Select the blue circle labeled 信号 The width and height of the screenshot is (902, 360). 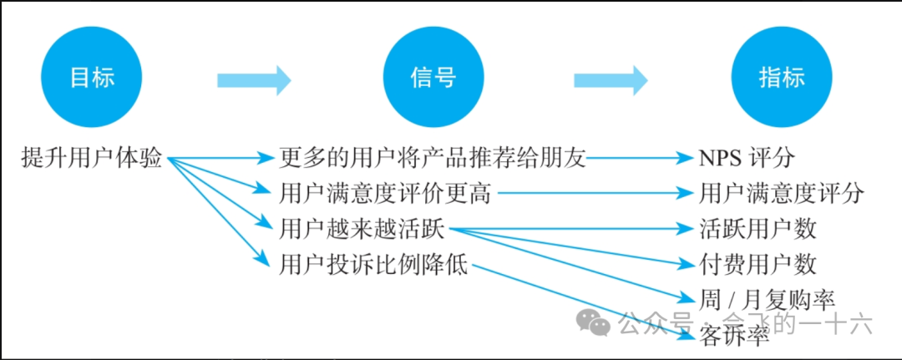(x=433, y=79)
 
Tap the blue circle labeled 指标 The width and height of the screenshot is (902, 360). (x=782, y=79)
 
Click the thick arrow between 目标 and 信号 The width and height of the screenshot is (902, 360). (x=254, y=80)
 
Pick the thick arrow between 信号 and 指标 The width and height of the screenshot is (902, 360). (x=611, y=80)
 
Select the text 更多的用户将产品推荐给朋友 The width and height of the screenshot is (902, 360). (x=433, y=157)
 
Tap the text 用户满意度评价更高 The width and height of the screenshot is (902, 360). (x=387, y=195)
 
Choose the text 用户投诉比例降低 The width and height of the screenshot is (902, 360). (x=375, y=266)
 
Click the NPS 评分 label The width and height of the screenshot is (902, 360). (x=747, y=157)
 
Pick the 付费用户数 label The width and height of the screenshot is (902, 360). (x=758, y=265)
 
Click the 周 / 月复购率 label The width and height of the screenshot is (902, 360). (x=767, y=298)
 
